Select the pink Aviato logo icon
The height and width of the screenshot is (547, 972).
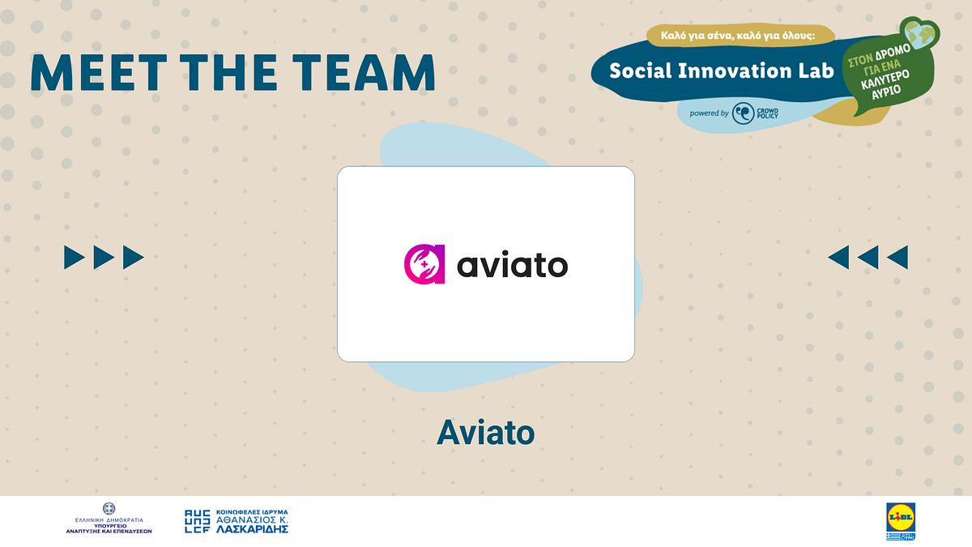(424, 265)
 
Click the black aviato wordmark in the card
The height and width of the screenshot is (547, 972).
(513, 265)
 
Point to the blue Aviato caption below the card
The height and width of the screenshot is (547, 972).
(485, 433)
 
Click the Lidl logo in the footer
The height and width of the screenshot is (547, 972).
(901, 515)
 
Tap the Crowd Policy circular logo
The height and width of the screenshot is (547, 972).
(744, 113)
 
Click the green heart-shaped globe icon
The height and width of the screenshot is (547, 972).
(922, 35)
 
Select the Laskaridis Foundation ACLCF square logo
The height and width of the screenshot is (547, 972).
(198, 521)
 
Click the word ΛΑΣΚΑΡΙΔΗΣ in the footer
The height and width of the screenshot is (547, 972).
(252, 529)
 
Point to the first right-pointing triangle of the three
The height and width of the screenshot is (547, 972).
(74, 258)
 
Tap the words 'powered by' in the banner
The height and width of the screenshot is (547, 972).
(709, 113)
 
